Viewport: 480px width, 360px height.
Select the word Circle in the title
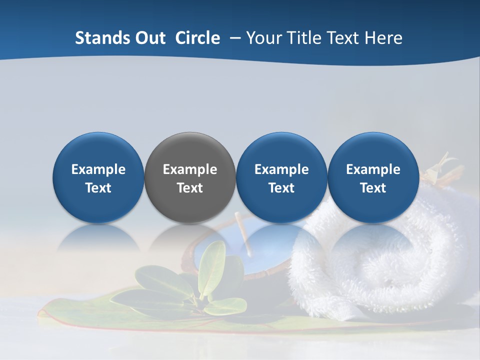tap(197, 38)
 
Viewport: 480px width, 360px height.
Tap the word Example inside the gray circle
tap(190, 169)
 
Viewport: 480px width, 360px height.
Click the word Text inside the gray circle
tap(190, 188)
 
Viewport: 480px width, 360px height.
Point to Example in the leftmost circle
tap(98, 169)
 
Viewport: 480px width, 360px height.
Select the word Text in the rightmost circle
tap(373, 188)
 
